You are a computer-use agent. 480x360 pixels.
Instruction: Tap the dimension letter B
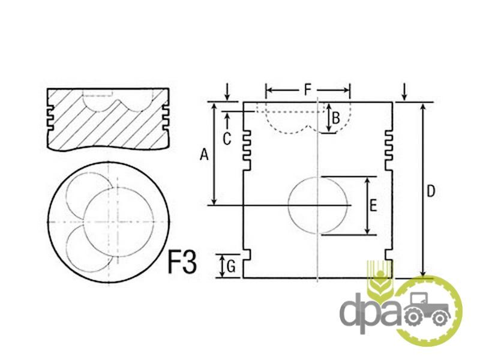(x=336, y=118)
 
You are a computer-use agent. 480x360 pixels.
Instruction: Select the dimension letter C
(x=227, y=139)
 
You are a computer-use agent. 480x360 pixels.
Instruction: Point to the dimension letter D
(x=431, y=191)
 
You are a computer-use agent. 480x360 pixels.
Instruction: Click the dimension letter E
(x=373, y=205)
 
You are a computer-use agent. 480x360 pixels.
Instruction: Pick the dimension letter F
(x=308, y=90)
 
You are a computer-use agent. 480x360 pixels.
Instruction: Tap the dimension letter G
(x=231, y=267)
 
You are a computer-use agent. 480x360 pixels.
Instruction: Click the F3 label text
(x=182, y=262)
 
